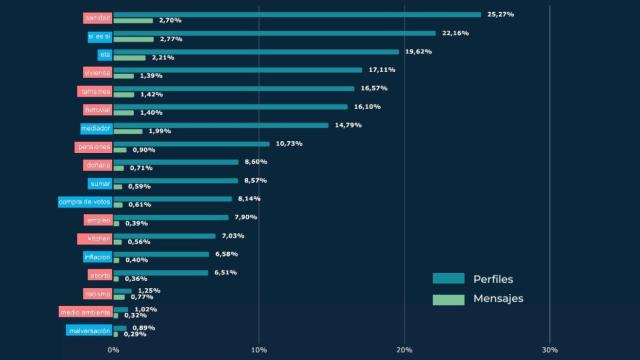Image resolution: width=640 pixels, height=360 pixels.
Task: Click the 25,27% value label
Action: click(x=500, y=14)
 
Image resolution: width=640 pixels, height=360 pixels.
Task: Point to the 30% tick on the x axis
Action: click(x=549, y=349)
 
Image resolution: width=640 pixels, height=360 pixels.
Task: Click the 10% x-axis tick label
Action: click(x=258, y=349)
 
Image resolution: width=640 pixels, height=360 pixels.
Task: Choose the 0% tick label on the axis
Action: click(x=113, y=349)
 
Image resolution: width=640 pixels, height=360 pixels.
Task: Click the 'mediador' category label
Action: click(x=96, y=128)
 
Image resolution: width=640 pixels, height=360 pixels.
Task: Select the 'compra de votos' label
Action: click(x=85, y=201)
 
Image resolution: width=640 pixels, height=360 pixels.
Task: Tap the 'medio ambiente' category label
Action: click(x=85, y=312)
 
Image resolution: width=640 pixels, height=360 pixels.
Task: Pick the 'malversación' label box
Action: click(x=88, y=330)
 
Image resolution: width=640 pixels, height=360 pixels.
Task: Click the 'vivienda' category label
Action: click(x=97, y=72)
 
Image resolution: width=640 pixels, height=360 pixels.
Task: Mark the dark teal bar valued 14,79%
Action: click(x=221, y=125)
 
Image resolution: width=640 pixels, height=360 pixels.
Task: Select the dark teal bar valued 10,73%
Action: click(x=191, y=143)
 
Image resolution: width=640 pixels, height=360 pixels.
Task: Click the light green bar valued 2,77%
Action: click(x=134, y=39)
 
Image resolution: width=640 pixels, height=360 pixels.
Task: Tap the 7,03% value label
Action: click(x=233, y=236)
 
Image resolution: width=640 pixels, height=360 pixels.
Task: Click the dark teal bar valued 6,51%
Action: click(x=161, y=272)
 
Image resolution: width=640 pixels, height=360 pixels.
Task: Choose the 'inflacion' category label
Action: click(x=97, y=257)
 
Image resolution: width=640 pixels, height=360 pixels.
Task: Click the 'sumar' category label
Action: click(x=99, y=183)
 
